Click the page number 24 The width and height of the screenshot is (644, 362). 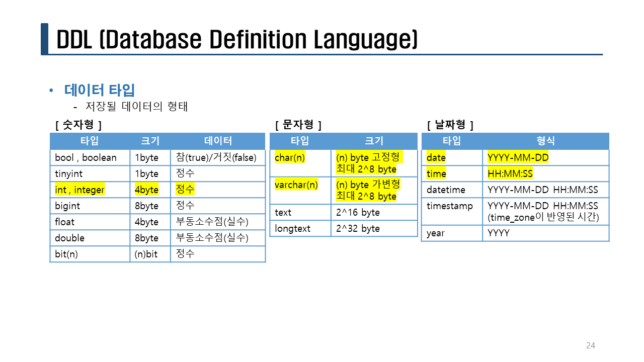tap(591, 345)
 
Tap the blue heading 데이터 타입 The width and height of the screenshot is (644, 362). tap(100, 90)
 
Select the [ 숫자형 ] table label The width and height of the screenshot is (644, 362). tap(78, 125)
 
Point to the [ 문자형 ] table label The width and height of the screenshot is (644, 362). tap(298, 125)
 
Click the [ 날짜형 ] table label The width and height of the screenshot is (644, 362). tap(450, 125)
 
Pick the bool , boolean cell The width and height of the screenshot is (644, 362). tap(90, 157)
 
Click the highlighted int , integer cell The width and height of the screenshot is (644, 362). tap(90, 190)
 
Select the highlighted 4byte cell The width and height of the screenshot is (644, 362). tap(150, 190)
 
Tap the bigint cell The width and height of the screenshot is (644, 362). tap(90, 206)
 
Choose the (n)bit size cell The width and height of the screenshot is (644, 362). tap(150, 254)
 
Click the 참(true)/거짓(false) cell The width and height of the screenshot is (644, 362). tap(218, 157)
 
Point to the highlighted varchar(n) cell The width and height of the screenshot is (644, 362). tap(300, 191)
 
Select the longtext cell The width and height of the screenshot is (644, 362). tap(300, 228)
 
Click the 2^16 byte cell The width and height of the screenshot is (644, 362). tap(374, 212)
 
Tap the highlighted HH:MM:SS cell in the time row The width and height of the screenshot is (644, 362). tap(546, 173)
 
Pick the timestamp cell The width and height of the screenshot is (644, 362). tap(452, 211)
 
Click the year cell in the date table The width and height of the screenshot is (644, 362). tap(452, 233)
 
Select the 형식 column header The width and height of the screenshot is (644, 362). tap(546, 141)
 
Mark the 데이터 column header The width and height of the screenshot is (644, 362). tap(218, 141)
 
